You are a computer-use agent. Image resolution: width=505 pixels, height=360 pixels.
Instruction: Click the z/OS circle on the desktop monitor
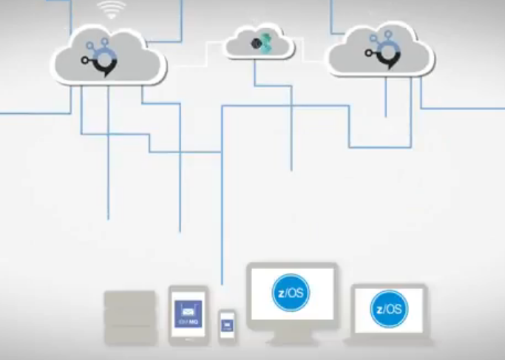[291, 293]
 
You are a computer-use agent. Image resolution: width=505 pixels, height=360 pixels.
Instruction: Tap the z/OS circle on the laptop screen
[389, 309]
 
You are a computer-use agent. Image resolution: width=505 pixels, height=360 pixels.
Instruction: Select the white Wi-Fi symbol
[111, 10]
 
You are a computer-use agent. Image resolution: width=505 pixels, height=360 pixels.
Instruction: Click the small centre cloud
[259, 43]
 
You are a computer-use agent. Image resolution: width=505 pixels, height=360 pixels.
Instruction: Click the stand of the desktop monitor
[291, 337]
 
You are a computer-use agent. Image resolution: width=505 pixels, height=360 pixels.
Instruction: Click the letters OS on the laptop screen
[394, 309]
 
